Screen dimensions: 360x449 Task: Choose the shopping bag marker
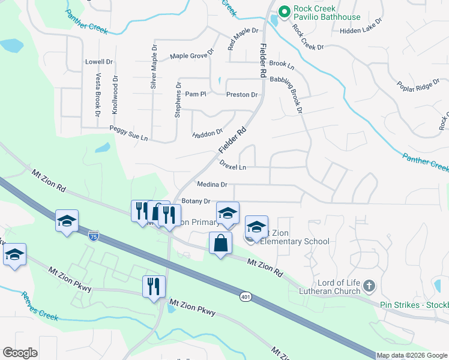(220, 244)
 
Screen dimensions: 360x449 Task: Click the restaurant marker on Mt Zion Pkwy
(154, 286)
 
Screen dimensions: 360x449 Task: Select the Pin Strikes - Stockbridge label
(414, 305)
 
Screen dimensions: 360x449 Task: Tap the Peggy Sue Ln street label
(128, 133)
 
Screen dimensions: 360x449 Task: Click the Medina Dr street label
(212, 185)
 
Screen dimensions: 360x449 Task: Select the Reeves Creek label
(40, 306)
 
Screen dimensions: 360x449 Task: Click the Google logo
(20, 353)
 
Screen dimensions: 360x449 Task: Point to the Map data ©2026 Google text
(412, 355)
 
